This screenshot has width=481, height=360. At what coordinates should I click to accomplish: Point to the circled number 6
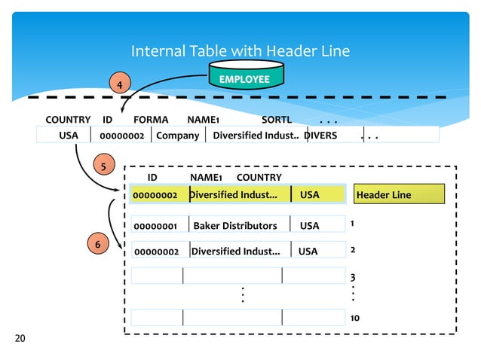pyautogui.click(x=95, y=244)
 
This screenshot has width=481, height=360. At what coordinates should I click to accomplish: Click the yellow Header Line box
pyautogui.click(x=400, y=195)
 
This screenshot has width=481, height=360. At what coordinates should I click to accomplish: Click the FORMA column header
pyautogui.click(x=151, y=120)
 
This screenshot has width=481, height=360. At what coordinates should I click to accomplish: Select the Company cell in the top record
pyautogui.click(x=177, y=136)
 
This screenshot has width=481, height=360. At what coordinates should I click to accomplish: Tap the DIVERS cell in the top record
pyautogui.click(x=322, y=136)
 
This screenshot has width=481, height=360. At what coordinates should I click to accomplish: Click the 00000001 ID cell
pyautogui.click(x=155, y=226)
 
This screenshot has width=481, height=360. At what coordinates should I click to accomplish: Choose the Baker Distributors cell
pyautogui.click(x=235, y=226)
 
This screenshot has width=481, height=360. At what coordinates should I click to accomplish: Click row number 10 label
pyautogui.click(x=354, y=319)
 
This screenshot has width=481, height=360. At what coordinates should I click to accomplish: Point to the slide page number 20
pyautogui.click(x=20, y=340)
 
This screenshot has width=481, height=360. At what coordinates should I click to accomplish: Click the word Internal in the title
pyautogui.click(x=155, y=51)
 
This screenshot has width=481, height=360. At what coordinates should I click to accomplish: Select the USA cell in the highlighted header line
pyautogui.click(x=310, y=195)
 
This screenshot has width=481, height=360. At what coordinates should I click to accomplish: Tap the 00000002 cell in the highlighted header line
pyautogui.click(x=155, y=195)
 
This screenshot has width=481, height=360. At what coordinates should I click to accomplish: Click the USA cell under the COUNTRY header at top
pyautogui.click(x=69, y=136)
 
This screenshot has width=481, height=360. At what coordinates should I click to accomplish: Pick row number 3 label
pyautogui.click(x=352, y=278)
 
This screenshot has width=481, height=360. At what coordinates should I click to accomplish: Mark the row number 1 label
pyautogui.click(x=352, y=224)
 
